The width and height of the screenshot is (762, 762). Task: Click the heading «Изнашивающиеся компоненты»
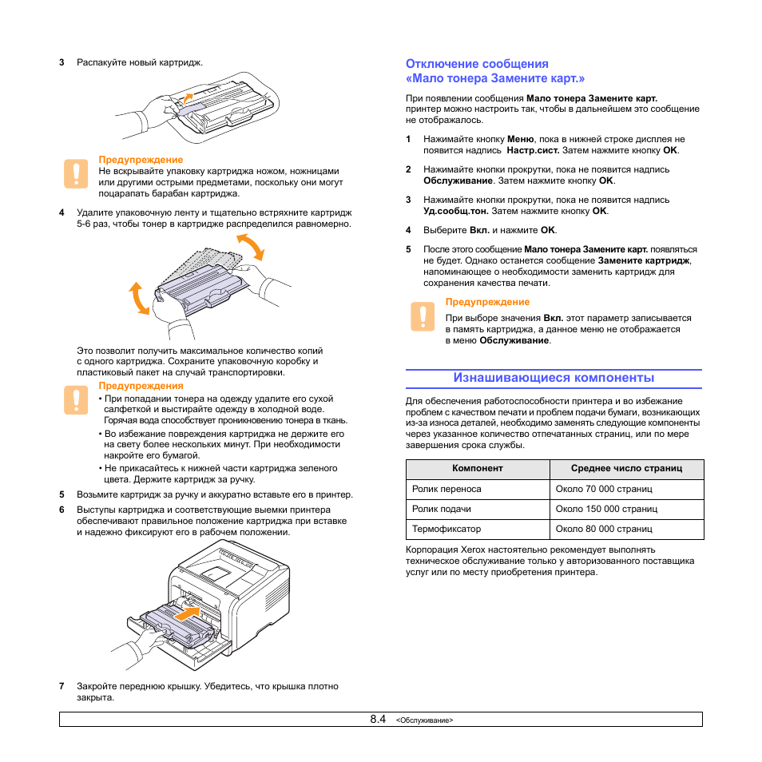pos(554,378)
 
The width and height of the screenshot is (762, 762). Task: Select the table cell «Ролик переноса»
pos(446,489)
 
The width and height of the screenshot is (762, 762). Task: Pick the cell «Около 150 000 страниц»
pos(606,509)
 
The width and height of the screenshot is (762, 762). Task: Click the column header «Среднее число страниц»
pos(626,469)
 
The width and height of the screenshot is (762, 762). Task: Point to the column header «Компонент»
pos(477,469)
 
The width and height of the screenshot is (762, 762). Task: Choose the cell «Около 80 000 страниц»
pos(604,529)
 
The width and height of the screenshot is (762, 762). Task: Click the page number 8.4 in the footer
pos(378,719)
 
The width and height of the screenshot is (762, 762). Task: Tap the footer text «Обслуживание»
pos(425,720)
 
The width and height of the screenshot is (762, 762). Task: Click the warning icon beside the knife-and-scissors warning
pos(75,173)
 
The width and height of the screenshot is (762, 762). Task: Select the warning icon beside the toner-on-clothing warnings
pos(75,399)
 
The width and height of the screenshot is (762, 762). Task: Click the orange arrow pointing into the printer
pos(185,614)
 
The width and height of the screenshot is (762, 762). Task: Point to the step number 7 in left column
pos(62,686)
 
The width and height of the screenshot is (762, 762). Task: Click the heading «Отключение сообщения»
pos(477,64)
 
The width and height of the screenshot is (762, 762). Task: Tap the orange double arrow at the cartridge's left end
pos(140,298)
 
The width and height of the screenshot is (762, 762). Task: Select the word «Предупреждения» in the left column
pos(141,386)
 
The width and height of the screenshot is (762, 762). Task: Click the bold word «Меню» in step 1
pos(521,139)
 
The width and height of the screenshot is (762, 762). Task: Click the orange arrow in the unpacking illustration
pos(185,98)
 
